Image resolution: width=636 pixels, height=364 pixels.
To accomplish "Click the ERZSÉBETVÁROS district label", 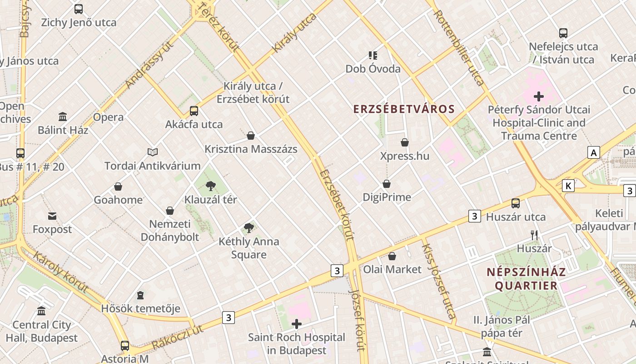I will click(404, 109).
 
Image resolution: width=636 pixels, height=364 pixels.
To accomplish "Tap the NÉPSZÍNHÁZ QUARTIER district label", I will click(526, 279).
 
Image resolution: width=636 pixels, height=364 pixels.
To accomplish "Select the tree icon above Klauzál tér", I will click(210, 186).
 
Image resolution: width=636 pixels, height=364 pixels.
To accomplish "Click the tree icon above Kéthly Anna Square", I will click(248, 228).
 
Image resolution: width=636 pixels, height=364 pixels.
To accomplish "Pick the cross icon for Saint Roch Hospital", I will click(297, 324).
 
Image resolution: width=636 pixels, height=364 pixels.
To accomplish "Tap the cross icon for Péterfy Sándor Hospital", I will click(539, 96).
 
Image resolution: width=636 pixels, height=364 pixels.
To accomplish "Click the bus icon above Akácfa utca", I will click(194, 111).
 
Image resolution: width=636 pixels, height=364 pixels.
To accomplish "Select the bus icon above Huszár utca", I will click(516, 203).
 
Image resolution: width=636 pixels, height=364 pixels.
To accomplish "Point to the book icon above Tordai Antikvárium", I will click(153, 152).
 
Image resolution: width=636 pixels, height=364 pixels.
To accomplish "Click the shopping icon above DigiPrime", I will click(387, 184).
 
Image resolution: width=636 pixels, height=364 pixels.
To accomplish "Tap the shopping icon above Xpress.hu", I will click(405, 143).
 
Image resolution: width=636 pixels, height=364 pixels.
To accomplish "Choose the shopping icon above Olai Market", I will click(392, 256).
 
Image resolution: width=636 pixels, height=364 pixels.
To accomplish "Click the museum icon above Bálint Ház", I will click(63, 117).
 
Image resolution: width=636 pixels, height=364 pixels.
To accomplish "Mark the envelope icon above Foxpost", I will click(52, 216).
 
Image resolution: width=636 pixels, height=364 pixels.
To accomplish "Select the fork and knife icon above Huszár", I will click(534, 235).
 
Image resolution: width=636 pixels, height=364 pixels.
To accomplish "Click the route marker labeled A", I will click(593, 152).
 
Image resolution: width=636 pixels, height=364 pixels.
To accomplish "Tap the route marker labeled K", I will click(568, 186).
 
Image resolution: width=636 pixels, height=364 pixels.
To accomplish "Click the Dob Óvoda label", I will click(373, 69).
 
